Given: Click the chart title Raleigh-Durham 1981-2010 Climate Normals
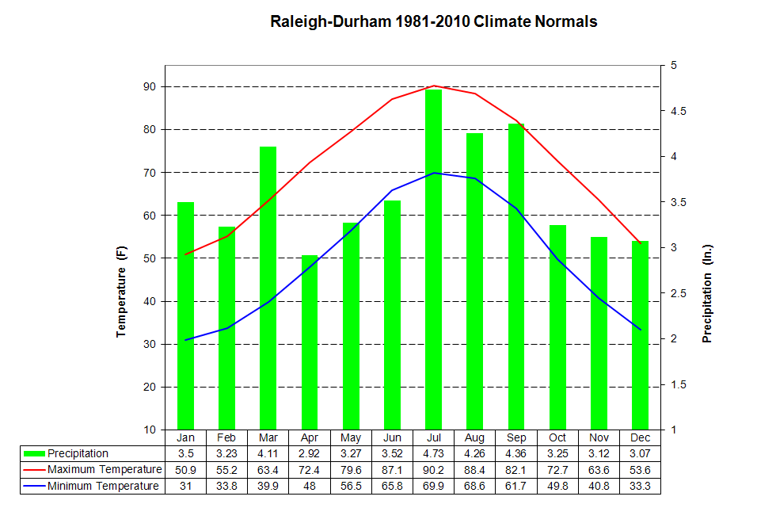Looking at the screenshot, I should coord(434,21).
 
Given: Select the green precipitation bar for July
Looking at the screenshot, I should coord(433,262).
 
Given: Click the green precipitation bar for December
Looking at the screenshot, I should coord(640,333).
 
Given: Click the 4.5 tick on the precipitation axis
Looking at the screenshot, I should coord(680,111).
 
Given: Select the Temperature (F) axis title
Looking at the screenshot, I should coord(122,292).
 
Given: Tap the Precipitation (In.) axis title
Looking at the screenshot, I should coord(707,293).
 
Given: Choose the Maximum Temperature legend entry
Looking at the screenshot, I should coord(102,470).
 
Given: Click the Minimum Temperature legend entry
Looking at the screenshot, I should coord(102,486).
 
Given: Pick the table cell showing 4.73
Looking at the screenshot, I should coord(433,454).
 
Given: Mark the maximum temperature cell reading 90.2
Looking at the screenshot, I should coord(433,470).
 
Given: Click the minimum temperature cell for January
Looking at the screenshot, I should coord(185,486).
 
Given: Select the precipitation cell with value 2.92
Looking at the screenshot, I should coord(310,454).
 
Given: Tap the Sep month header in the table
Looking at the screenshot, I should coord(515,437).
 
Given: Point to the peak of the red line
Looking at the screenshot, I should coord(433,86).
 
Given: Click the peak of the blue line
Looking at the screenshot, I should coord(433,173).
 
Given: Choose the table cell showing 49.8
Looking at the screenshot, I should coord(557,486).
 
